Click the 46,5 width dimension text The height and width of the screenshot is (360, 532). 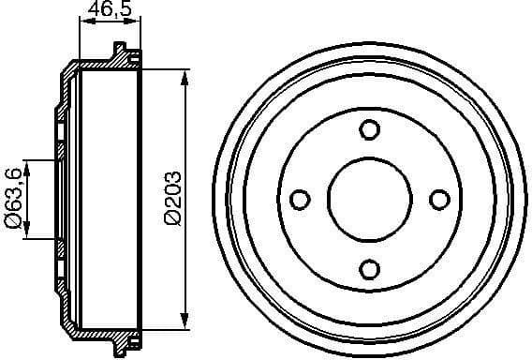click(x=108, y=11)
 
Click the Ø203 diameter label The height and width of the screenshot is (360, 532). click(x=171, y=198)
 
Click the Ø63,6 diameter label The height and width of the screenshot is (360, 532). click(x=13, y=200)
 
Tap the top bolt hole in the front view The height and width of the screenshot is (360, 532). click(x=369, y=129)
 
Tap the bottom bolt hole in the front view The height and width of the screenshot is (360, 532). click(x=369, y=269)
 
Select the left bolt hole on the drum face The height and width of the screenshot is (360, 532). click(x=301, y=199)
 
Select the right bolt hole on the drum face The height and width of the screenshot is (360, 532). click(x=438, y=199)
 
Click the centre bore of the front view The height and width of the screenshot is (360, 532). click(x=369, y=199)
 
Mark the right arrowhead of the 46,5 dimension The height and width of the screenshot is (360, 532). click(x=137, y=25)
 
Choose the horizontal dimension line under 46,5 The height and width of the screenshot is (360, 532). click(x=109, y=25)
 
